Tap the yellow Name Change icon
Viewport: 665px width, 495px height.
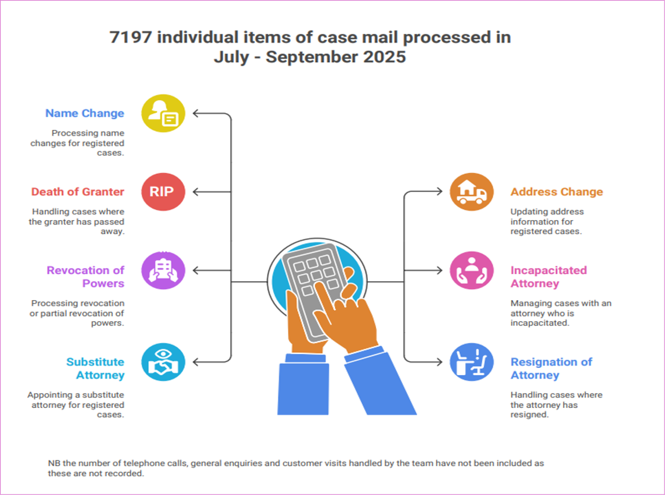[x=163, y=113]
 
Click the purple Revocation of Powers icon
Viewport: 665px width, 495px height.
[x=163, y=271]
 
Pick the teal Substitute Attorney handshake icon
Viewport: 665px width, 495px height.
[x=163, y=362]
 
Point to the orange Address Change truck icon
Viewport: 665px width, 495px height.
[x=472, y=192]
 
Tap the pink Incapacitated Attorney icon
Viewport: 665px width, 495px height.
[x=472, y=271]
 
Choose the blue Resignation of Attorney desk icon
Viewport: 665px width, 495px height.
[x=472, y=362]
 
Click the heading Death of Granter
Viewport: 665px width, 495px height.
[x=78, y=192]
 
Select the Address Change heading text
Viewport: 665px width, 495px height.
[x=557, y=192]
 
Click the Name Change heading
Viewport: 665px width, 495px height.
[x=84, y=113]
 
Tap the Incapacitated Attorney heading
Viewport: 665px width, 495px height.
[x=548, y=277]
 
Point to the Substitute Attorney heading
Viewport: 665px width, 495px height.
[x=96, y=368]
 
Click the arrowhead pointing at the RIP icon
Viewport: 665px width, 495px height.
[x=196, y=192]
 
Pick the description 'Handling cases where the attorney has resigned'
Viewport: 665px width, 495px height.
[x=556, y=405]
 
